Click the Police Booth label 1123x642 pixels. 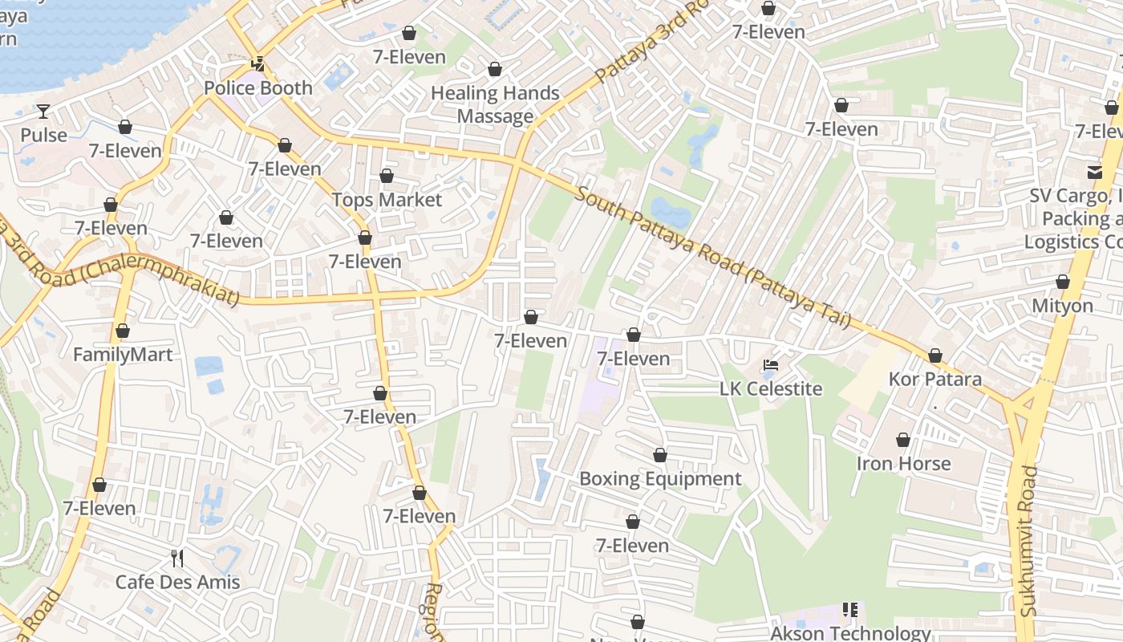tap(258, 88)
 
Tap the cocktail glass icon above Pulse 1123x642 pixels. tap(43, 112)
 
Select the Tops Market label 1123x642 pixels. tap(387, 200)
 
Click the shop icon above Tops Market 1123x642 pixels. tap(387, 176)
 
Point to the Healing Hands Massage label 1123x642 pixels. tap(495, 104)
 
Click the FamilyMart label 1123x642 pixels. tap(123, 355)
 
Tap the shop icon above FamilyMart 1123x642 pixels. tap(123, 331)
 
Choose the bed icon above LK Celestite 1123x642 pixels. tap(770, 366)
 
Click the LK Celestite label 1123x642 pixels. tap(770, 389)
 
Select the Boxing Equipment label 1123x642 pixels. tap(660, 479)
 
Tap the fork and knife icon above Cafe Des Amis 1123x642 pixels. tap(177, 559)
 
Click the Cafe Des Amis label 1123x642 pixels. tap(177, 583)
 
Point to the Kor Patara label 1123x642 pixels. tap(935, 379)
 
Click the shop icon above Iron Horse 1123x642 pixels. tap(903, 440)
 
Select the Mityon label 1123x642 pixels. tap(1062, 306)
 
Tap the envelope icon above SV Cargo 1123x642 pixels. tap(1095, 172)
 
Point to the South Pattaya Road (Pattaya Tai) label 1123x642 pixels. tap(712, 258)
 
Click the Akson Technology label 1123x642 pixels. tap(850, 633)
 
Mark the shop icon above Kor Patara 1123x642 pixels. tap(935, 356)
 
